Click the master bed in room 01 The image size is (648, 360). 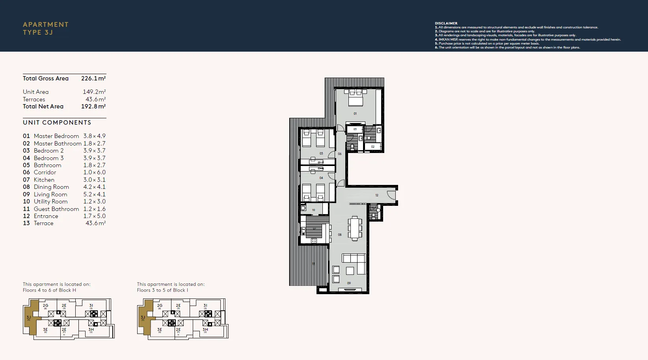pos(355,98)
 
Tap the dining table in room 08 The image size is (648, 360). pos(355,228)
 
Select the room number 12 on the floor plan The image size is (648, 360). pos(377,195)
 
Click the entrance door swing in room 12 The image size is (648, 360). pos(391,195)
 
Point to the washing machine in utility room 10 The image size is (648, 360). pos(303,208)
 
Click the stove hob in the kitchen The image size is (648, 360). pos(314,241)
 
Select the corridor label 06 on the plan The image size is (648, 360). pos(340,154)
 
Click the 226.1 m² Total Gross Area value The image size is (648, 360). pos(93,78)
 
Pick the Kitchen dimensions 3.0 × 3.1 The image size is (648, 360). pos(94,180)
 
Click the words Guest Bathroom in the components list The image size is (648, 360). pos(56,209)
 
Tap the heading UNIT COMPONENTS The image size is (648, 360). pos(57,123)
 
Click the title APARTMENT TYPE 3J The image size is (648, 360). pos(46,28)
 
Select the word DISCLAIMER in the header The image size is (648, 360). pos(446,23)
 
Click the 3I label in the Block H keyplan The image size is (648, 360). pos(91,305)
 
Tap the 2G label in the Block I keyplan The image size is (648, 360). pos(160,305)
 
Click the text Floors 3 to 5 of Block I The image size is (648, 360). pos(162,290)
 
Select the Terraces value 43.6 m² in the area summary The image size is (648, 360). pos(95,99)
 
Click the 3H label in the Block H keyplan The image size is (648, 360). pos(91,329)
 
